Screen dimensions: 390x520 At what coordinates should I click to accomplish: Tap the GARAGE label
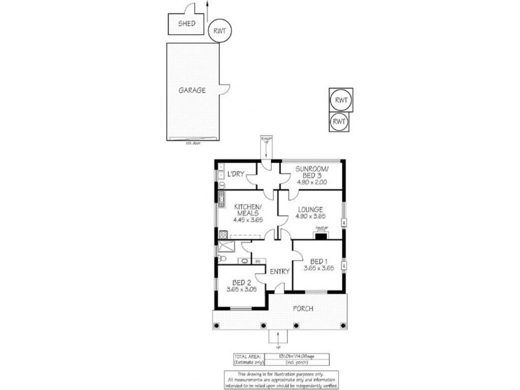pyautogui.click(x=192, y=90)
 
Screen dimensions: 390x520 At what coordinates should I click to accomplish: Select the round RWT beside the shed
pyautogui.click(x=220, y=31)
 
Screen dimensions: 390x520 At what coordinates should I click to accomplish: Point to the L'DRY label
pyautogui.click(x=235, y=174)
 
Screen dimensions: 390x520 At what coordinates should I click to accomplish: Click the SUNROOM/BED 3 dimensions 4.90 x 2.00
pyautogui.click(x=311, y=183)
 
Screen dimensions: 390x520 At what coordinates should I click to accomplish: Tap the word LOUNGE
pyautogui.click(x=309, y=209)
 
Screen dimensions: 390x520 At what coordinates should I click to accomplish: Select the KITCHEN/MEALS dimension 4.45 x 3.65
pyautogui.click(x=247, y=220)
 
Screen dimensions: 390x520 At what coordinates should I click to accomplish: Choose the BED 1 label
pyautogui.click(x=318, y=261)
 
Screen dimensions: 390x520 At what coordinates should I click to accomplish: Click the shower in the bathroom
pyautogui.click(x=228, y=245)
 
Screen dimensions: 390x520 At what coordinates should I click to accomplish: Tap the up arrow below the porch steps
pyautogui.click(x=279, y=336)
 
